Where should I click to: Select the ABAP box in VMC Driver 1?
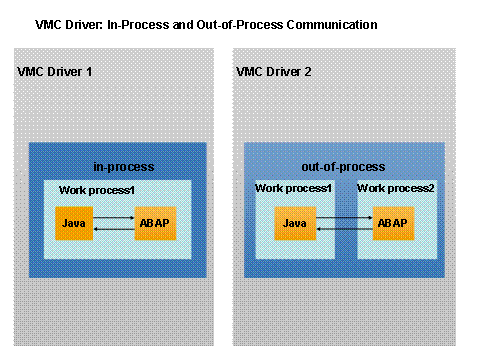pos(153,221)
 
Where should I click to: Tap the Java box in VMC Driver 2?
pos(293,221)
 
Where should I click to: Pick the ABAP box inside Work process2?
pos(391,221)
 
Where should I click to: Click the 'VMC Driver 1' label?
pos(55,72)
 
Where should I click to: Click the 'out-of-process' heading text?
pos(343,166)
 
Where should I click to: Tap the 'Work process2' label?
pos(398,188)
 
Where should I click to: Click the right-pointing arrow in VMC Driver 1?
pos(113,215)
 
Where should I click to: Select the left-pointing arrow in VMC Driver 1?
pos(113,228)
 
